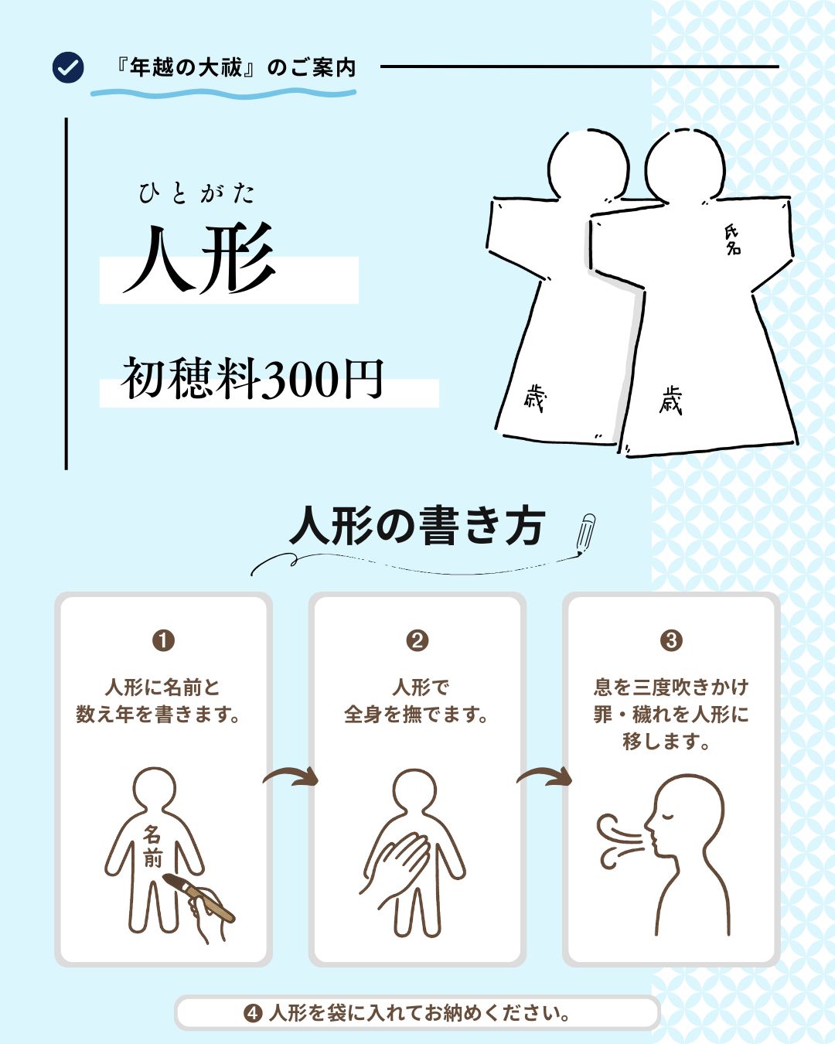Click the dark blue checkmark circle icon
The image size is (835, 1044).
[x=68, y=67]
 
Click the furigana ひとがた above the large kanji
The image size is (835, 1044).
[x=196, y=193]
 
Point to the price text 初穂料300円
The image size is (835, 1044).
[x=253, y=379]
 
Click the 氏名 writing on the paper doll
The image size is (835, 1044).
[x=732, y=240]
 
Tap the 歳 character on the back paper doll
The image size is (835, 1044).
[x=536, y=397]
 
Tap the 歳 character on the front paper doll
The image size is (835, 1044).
[x=671, y=401]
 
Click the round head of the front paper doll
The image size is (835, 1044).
[x=685, y=165]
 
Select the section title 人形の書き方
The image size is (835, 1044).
[x=417, y=526]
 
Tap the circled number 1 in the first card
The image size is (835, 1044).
[x=163, y=640]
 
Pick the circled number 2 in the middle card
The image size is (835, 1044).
[x=417, y=640]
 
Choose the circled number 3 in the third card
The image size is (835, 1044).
[x=672, y=640]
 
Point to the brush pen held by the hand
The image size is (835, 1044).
[x=199, y=898]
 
